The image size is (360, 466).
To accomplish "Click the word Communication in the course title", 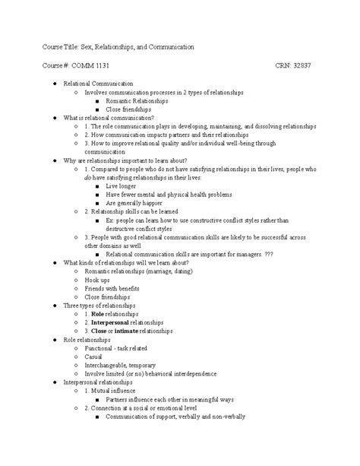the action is (166, 46).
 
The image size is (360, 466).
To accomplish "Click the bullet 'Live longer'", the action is (122, 185).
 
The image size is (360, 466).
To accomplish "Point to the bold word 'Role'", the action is (98, 313).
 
